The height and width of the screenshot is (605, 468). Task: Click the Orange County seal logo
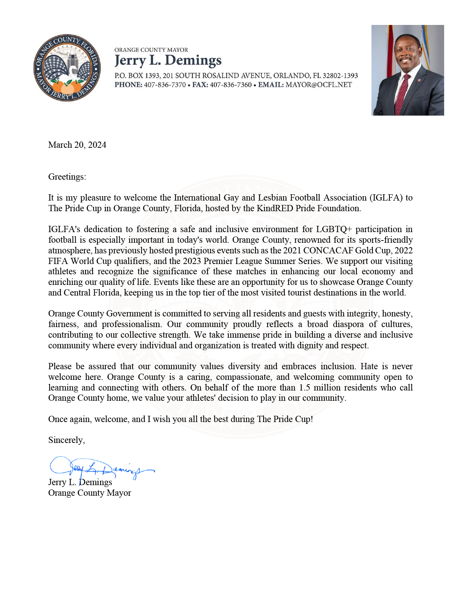pos(67,68)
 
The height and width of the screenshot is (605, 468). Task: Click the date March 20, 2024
pos(77,145)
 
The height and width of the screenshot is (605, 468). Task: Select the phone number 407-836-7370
pos(165,85)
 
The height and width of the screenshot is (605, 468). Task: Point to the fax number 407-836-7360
pos(231,85)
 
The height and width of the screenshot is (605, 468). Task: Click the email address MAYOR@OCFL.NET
pos(319,85)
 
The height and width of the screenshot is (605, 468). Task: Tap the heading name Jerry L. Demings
pos(168,60)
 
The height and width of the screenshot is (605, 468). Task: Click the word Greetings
pos(66,177)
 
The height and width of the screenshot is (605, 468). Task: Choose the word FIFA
pos(58,261)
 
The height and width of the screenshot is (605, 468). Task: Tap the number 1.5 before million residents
pos(304,388)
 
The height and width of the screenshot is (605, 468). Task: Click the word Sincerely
pos(66,440)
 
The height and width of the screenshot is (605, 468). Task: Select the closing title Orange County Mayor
pos(90,493)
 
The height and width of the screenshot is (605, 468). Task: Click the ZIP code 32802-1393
pos(340,76)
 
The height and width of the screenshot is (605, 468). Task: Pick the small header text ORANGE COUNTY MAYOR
pos(151,50)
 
